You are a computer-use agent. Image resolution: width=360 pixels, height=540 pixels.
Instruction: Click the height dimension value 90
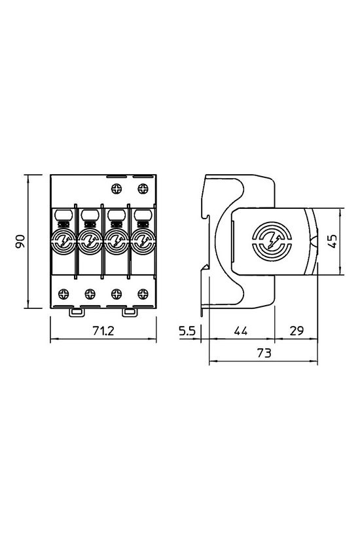[x=20, y=242]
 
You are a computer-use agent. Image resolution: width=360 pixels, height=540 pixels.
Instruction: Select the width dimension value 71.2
[x=103, y=332]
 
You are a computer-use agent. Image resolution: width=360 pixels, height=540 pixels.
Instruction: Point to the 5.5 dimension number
[x=188, y=332]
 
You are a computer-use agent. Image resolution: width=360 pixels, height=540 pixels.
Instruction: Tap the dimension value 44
[x=241, y=332]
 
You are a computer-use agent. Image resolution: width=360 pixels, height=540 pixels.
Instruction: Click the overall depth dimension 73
[x=262, y=353]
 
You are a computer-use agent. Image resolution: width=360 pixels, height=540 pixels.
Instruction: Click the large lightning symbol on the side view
[x=269, y=242]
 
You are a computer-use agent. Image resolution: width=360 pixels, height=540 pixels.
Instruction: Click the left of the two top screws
[x=117, y=189]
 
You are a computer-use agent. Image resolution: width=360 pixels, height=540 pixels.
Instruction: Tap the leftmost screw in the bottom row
[x=64, y=293]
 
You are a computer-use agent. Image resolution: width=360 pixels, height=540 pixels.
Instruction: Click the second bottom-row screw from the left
[x=90, y=293]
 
